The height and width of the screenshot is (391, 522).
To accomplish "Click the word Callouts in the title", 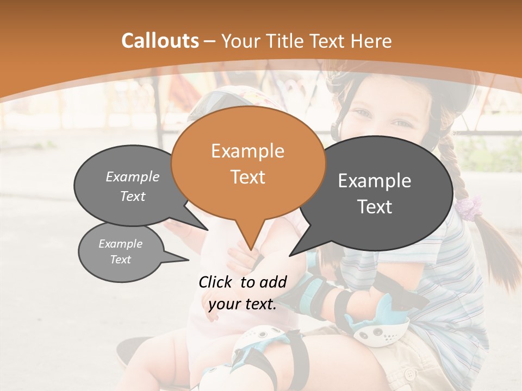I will click(160, 41).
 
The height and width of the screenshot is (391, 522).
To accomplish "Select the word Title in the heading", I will click(286, 41).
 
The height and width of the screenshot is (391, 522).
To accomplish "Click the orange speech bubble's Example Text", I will click(247, 163).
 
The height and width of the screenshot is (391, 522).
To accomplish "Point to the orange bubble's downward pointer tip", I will click(251, 249).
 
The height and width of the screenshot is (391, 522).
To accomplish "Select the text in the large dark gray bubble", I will click(375, 193).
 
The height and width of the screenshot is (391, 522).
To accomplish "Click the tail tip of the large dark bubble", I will click(290, 255).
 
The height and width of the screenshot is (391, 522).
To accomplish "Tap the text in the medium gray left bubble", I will click(132, 186).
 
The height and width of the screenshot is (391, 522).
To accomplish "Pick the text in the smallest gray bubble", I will click(120, 251).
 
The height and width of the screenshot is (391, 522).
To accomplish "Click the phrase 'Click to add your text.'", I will click(243, 293).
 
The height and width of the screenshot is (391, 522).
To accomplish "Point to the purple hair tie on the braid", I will click(469, 206).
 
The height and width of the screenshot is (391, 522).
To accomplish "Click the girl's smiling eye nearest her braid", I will click(401, 123).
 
